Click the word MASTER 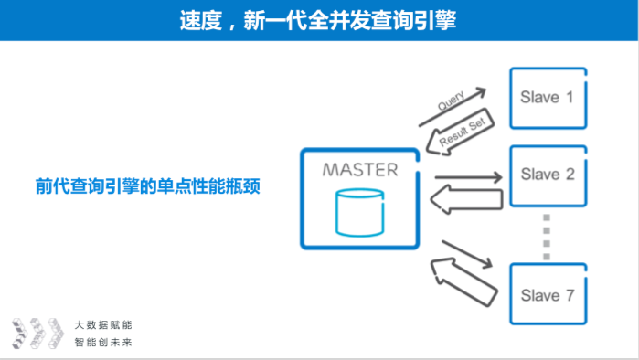pyautogui.click(x=360, y=170)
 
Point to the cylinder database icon pyautogui.click(x=359, y=212)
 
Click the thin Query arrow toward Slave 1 pyautogui.click(x=453, y=107)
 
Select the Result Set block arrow pyautogui.click(x=460, y=132)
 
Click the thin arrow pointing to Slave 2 pyautogui.click(x=469, y=177)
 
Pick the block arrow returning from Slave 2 pyautogui.click(x=466, y=199)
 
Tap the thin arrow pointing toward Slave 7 pyautogui.click(x=467, y=254)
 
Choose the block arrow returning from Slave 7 pyautogui.click(x=464, y=281)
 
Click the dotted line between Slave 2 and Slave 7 pyautogui.click(x=547, y=237)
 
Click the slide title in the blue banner pyautogui.click(x=318, y=20)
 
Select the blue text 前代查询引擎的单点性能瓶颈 pyautogui.click(x=148, y=186)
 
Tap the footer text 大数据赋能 pyautogui.click(x=103, y=325)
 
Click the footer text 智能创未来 pyautogui.click(x=103, y=342)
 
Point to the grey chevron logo pyautogui.click(x=37, y=334)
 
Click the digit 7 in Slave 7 pyautogui.click(x=570, y=295)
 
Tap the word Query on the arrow pyautogui.click(x=451, y=101)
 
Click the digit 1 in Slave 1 pyautogui.click(x=570, y=98)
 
